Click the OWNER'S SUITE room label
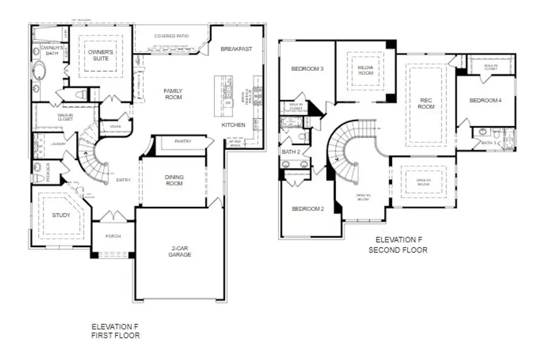click(100, 56)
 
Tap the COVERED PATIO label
click(171, 36)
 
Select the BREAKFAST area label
click(235, 49)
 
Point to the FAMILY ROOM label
click(173, 94)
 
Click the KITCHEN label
click(233, 125)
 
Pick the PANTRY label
click(182, 142)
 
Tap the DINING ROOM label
click(174, 180)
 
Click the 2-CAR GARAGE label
click(179, 251)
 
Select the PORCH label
click(113, 236)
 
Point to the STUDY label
click(61, 215)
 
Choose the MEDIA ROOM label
click(366, 70)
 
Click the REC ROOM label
click(426, 103)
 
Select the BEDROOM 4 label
click(485, 100)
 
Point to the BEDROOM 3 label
click(307, 69)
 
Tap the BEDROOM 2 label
click(307, 209)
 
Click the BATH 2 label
click(291, 152)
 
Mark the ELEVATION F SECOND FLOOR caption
click(398, 245)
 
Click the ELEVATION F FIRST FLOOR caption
click(115, 331)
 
